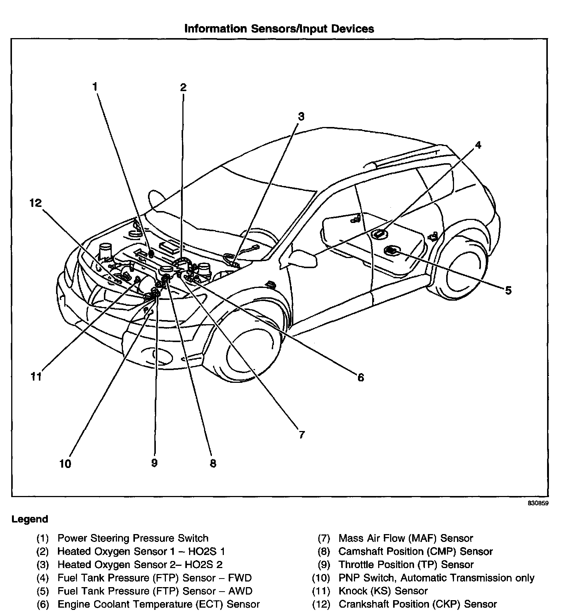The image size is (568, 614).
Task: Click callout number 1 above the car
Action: pos(95,87)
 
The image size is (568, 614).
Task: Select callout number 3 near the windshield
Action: pos(301,117)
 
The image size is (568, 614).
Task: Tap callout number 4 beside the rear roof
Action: pos(478,145)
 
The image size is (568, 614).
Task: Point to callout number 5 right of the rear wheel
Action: pos(508,290)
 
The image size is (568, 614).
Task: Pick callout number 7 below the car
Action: pos(302,434)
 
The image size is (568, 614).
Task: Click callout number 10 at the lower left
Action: pos(65,464)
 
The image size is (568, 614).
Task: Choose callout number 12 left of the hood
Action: pos(36,203)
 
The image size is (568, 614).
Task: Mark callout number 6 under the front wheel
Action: pos(360,378)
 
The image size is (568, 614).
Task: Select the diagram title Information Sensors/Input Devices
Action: pos(279,29)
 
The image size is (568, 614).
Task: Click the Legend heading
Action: pos(30,519)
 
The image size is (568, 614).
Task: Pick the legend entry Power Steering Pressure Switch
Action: pos(133,538)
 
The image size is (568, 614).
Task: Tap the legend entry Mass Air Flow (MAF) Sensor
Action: pos(405,538)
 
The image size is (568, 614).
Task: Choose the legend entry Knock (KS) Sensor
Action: pos(383,591)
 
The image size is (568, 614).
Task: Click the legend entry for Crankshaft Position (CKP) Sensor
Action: pos(417,604)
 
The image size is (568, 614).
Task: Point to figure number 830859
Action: pos(538,503)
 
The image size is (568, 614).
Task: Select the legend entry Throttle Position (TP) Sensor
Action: pos(406,564)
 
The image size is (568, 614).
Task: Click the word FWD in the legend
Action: pos(240,578)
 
